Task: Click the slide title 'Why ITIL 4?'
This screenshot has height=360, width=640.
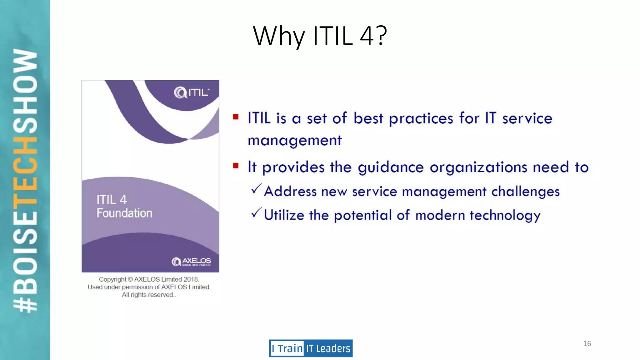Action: pyautogui.click(x=320, y=36)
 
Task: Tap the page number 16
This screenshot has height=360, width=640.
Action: pyautogui.click(x=587, y=344)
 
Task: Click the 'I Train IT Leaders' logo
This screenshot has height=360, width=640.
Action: pyautogui.click(x=311, y=348)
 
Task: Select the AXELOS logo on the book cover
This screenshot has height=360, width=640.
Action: pyautogui.click(x=191, y=262)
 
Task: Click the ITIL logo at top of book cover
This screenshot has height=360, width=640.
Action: pyautogui.click(x=191, y=92)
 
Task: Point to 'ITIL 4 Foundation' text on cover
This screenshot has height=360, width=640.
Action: pyautogui.click(x=124, y=206)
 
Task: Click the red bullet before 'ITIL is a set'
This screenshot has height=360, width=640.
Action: pyautogui.click(x=236, y=117)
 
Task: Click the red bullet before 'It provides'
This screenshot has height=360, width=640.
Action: pyautogui.click(x=236, y=166)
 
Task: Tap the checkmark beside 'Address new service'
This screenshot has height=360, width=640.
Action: pyautogui.click(x=256, y=189)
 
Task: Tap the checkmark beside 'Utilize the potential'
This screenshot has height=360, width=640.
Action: pyautogui.click(x=256, y=213)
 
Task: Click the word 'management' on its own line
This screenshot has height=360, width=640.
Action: pyautogui.click(x=294, y=141)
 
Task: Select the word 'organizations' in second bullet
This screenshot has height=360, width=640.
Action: pyautogui.click(x=478, y=167)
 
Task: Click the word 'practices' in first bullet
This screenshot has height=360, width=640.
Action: pyautogui.click(x=421, y=119)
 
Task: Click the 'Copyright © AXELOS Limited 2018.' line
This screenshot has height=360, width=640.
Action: pyautogui.click(x=149, y=279)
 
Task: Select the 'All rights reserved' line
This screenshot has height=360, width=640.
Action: pyautogui.click(x=149, y=295)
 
